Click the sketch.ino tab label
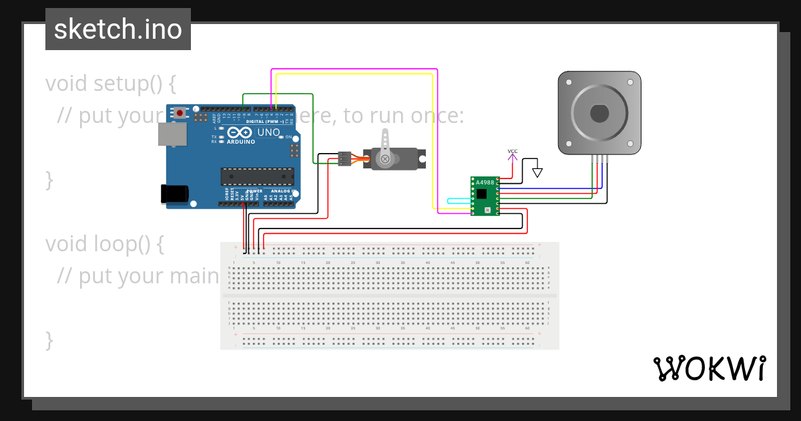117,29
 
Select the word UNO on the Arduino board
268,132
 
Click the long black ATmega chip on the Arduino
257,176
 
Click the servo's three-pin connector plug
344,158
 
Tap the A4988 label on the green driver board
485,182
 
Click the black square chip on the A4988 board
481,194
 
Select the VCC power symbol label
512,152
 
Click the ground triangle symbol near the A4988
537,172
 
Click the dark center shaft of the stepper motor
599,113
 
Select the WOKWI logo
709,368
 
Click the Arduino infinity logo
240,132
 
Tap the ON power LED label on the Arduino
289,137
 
